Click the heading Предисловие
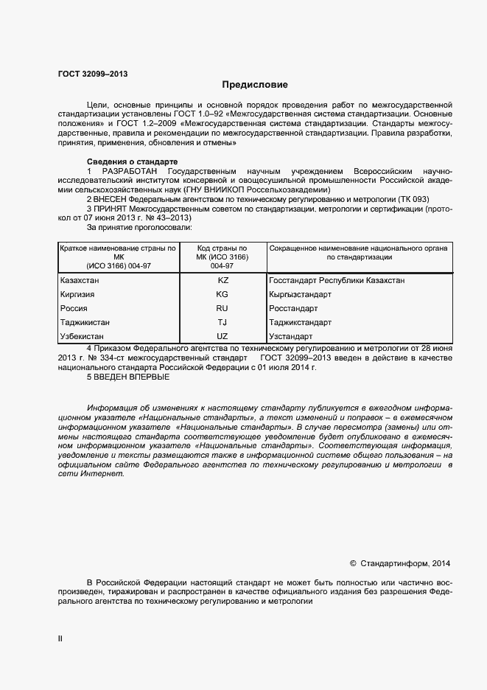click(x=254, y=85)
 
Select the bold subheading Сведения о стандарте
click(x=132, y=161)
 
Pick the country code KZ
click(x=223, y=281)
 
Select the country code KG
click(x=223, y=294)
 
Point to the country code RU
click(x=223, y=308)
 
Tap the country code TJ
click(x=223, y=322)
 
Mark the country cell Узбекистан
click(x=81, y=336)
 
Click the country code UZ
click(x=223, y=336)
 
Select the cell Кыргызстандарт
click(x=301, y=294)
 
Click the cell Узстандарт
click(x=290, y=336)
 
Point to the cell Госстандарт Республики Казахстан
click(x=337, y=281)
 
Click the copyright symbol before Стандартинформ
click(x=353, y=563)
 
